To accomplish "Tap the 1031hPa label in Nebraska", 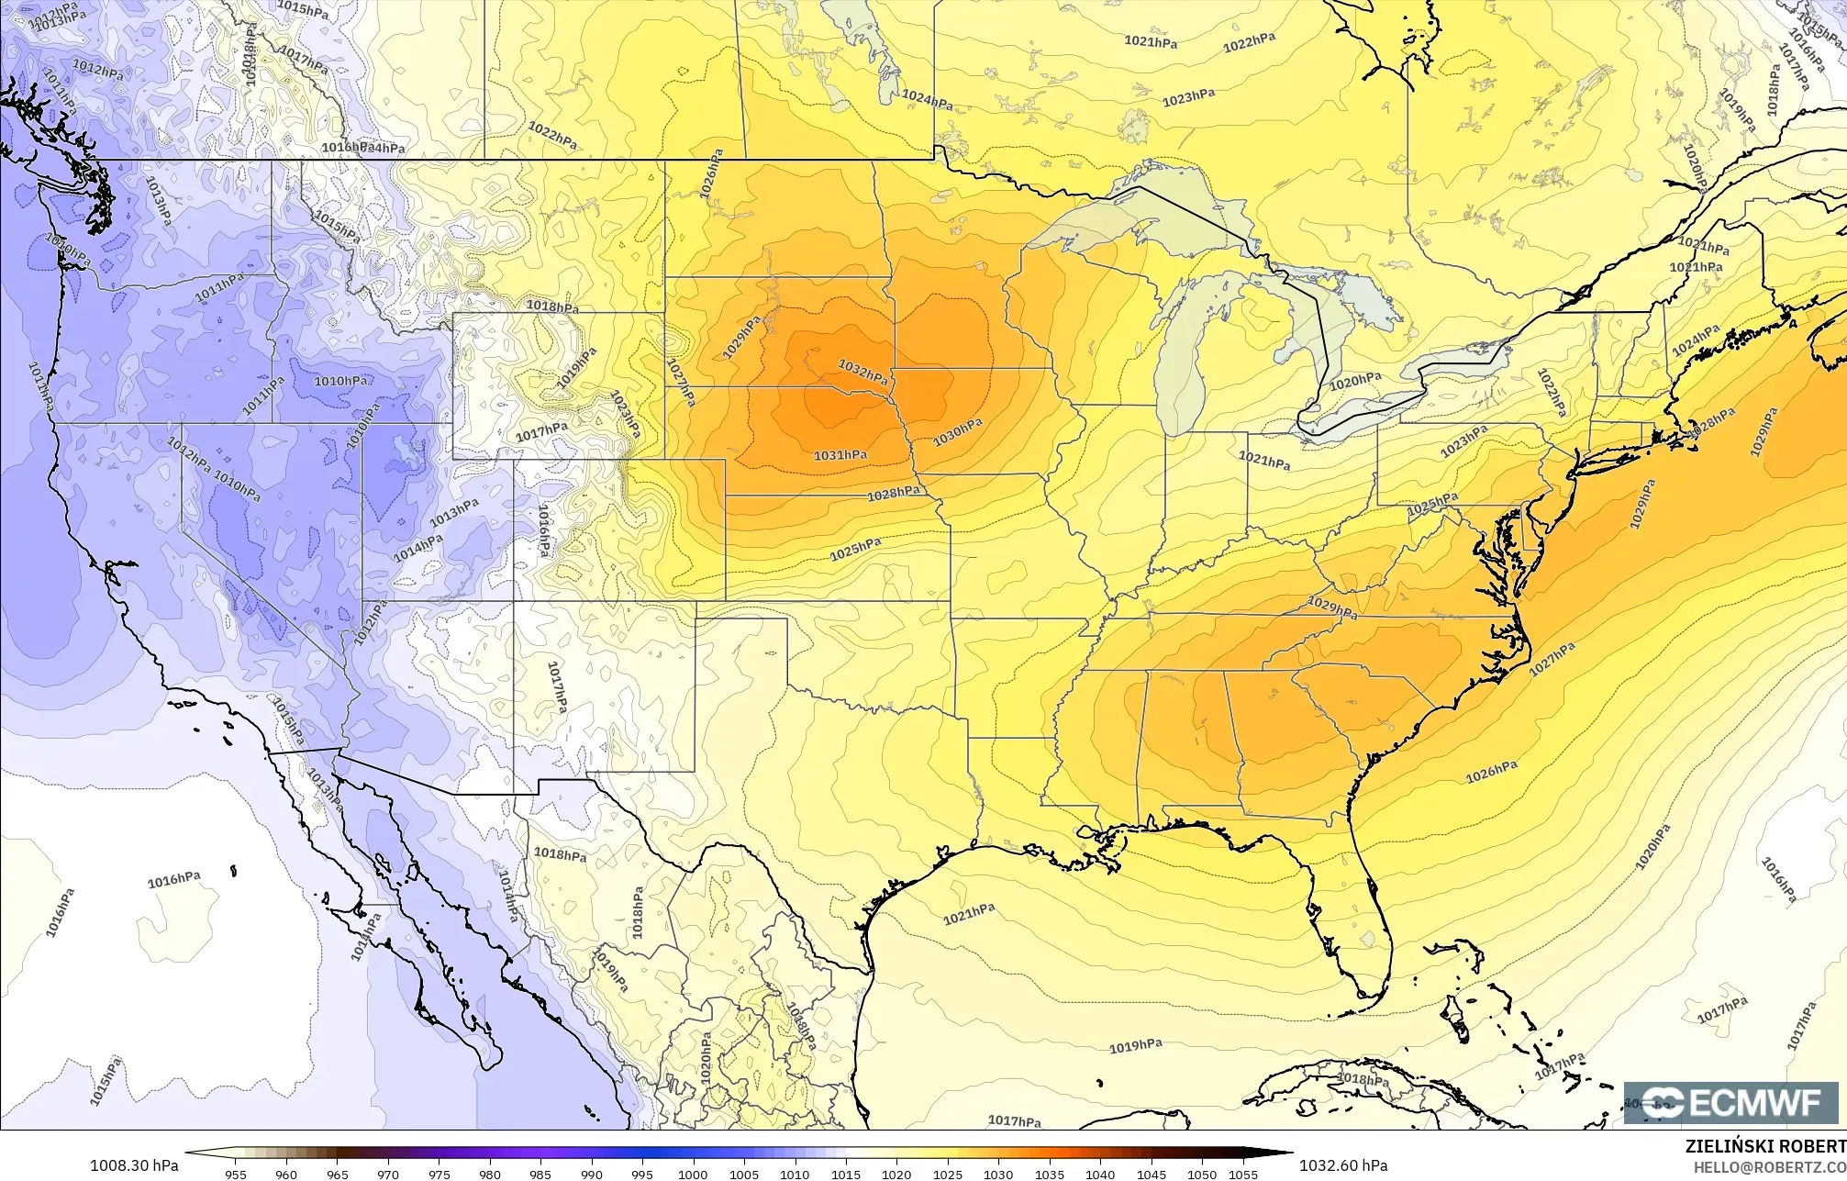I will pyautogui.click(x=840, y=455).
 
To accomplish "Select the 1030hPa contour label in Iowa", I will pyautogui.click(x=958, y=432).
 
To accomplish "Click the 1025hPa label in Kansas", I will pyautogui.click(x=855, y=550).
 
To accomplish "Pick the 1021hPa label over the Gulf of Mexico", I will pyautogui.click(x=969, y=913).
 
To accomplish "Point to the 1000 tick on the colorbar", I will pyautogui.click(x=693, y=1174).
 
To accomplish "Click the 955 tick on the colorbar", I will pyautogui.click(x=235, y=1174).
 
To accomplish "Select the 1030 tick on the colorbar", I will pyautogui.click(x=998, y=1174).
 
